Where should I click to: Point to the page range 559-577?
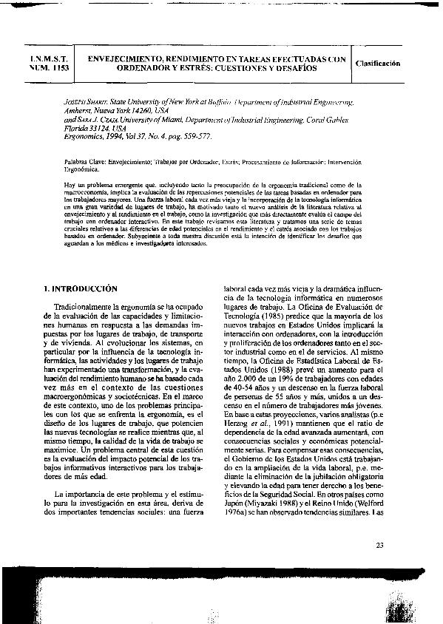[192, 137]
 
